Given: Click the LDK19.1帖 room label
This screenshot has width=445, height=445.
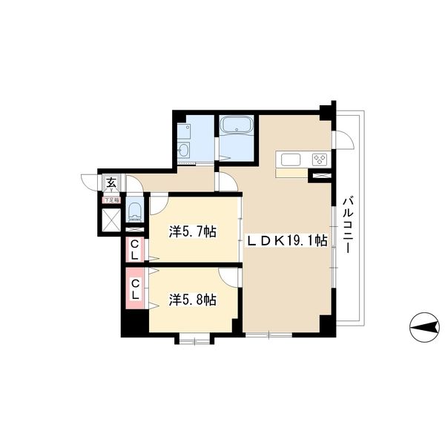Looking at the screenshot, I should [286, 240].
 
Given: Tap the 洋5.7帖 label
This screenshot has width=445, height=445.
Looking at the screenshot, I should [192, 232].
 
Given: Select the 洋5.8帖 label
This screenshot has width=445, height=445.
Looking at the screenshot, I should [192, 300].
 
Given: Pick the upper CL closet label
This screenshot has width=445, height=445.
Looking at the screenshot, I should [134, 249].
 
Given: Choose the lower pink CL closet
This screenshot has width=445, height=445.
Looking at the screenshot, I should [136, 289].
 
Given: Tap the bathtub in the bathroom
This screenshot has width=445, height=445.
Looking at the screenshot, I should [237, 127].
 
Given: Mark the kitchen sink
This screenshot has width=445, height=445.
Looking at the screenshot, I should [290, 159].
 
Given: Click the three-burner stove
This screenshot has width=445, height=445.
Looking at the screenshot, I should [320, 159].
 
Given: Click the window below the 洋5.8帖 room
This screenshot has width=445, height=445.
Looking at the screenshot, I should [194, 340].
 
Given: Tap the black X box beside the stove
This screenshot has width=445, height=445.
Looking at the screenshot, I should [320, 177].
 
